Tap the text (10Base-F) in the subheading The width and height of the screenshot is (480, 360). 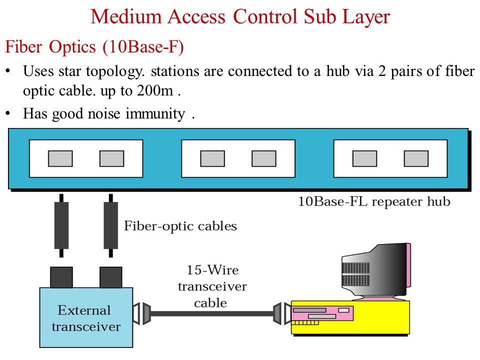pos(143,47)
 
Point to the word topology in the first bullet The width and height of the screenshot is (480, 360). pos(114,71)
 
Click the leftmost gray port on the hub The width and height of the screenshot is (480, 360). pos(60,158)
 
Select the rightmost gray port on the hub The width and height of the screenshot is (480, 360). pos(416,158)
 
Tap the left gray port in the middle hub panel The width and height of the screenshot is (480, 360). pos(212,158)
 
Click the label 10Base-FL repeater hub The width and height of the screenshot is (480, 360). pos(374,201)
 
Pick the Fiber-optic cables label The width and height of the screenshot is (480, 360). pos(180,226)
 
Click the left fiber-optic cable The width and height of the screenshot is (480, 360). pos(61,225)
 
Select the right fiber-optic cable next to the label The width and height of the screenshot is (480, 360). pos(111,225)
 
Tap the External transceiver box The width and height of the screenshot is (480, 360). pos(86,317)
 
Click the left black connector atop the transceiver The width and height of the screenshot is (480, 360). pos(61,277)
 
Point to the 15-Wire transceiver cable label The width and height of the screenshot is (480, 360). pos(212,286)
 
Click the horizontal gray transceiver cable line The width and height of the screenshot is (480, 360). pos(212,313)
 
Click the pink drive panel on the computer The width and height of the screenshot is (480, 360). pos(322,313)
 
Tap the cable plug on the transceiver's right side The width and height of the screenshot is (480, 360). pos(141,313)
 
